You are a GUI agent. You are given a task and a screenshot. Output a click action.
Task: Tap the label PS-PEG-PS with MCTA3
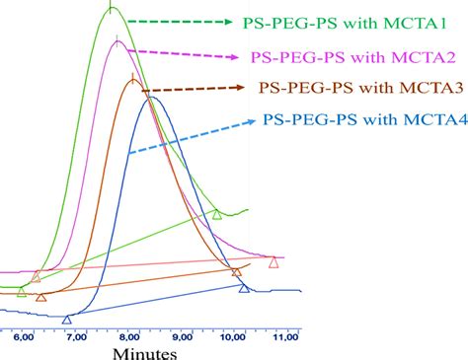[x=359, y=88]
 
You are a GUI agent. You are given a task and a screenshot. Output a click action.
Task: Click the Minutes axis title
[x=144, y=351]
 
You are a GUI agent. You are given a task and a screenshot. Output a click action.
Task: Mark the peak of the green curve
[x=112, y=8]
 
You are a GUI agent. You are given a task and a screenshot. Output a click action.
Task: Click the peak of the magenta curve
[x=117, y=40]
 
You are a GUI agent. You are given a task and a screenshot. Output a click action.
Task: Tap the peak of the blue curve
[x=150, y=97]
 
